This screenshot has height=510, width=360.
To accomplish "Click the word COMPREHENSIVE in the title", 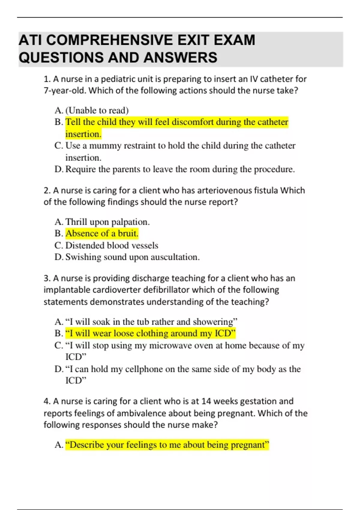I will click(x=109, y=40).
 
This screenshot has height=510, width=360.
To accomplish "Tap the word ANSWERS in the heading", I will click(x=180, y=58).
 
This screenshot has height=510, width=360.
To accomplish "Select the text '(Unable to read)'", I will click(x=97, y=110).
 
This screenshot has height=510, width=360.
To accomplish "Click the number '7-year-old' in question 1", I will click(x=65, y=91).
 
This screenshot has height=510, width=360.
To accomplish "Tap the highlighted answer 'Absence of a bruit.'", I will click(x=102, y=233).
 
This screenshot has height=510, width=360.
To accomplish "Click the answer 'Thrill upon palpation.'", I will click(x=107, y=222).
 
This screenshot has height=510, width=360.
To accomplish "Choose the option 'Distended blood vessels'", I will click(x=112, y=245).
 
